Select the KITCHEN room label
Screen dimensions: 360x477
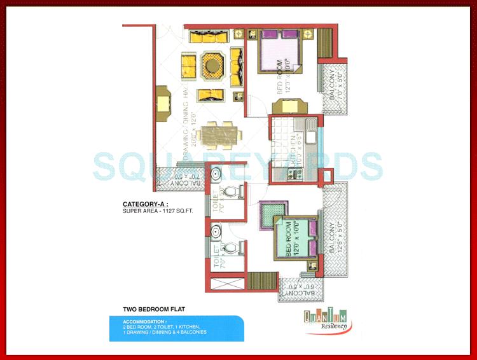coord(294,151)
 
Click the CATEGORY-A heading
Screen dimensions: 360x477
coord(147,204)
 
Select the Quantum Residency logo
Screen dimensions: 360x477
coord(324,320)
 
